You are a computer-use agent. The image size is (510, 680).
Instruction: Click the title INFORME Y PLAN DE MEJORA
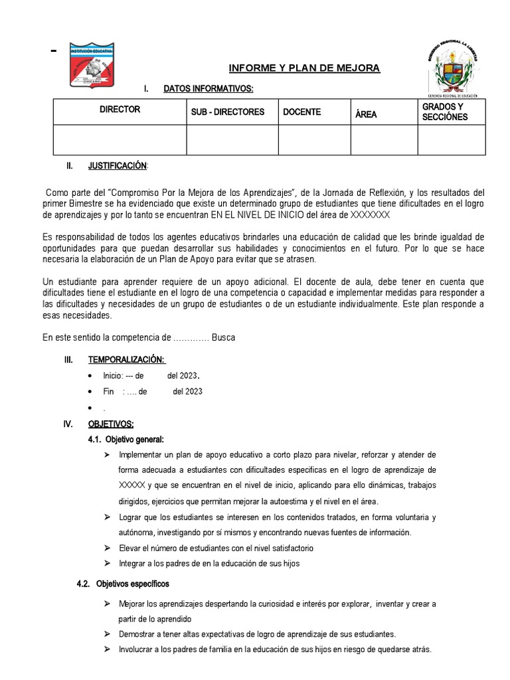pos(304,68)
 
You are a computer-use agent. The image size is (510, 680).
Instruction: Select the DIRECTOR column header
pos(120,109)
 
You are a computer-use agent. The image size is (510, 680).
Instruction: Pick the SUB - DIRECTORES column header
pos(228,112)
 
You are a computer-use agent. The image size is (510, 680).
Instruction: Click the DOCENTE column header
pos(301,112)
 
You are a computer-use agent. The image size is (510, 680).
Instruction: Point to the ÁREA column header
pos(366,114)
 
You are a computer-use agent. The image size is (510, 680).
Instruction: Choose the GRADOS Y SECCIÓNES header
pos(444,112)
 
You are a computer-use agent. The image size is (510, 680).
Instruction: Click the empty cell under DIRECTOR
pos(120,139)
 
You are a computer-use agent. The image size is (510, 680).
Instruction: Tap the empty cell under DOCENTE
pos(313,139)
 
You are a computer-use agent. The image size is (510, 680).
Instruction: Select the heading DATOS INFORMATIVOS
pos(208,89)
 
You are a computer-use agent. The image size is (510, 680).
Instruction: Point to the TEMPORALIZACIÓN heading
pos(126,359)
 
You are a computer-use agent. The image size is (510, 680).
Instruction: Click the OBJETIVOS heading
pos(111,424)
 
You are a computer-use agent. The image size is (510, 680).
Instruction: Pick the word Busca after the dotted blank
pos(223,337)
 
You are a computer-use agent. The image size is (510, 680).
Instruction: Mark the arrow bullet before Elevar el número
pos(108,549)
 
